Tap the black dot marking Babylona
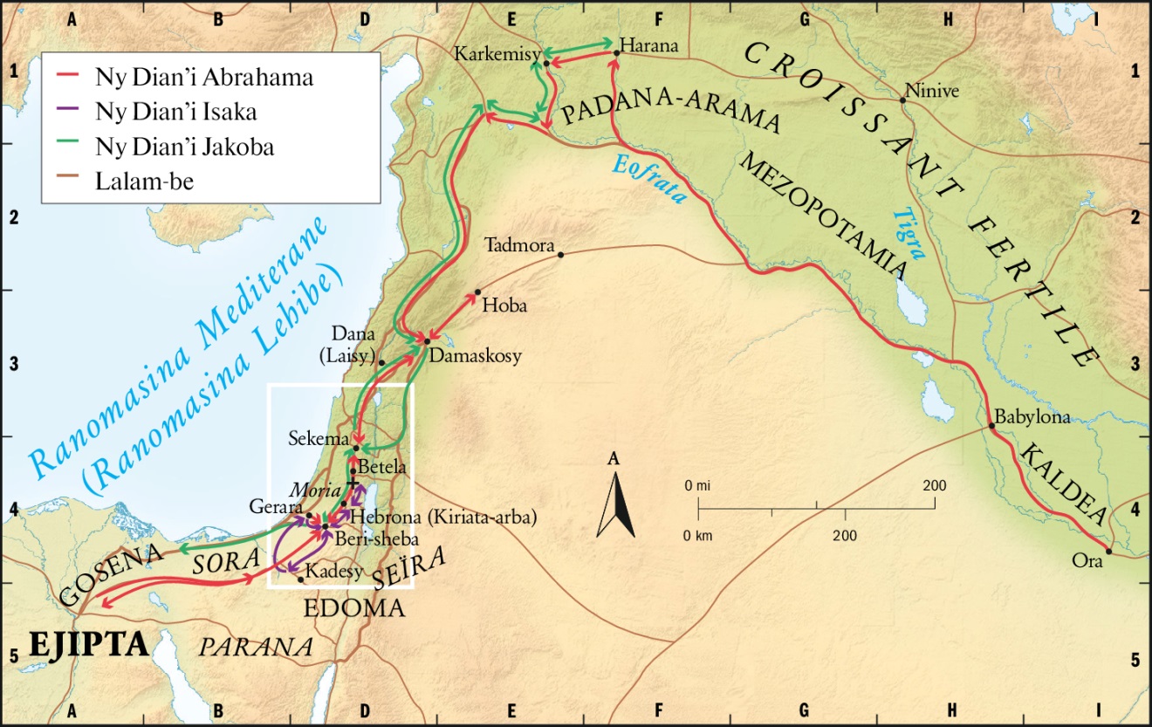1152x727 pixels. click(x=992, y=427)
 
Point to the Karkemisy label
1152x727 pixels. click(x=495, y=55)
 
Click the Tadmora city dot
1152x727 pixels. click(x=560, y=255)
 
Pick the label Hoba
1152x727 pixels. click(x=498, y=306)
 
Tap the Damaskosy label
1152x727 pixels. click(x=476, y=356)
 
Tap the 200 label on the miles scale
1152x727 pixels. click(x=935, y=485)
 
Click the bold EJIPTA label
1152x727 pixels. click(x=88, y=645)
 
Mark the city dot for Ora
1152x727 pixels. click(x=1108, y=551)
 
